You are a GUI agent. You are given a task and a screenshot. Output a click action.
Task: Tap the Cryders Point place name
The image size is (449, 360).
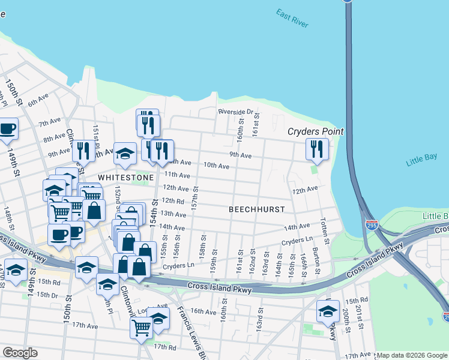[x=315, y=131]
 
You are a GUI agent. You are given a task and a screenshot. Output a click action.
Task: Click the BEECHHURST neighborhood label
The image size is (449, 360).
[x=256, y=209]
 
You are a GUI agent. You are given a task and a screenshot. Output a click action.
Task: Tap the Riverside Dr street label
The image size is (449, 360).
[x=236, y=112]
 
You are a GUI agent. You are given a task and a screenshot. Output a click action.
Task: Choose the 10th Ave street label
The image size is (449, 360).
[x=216, y=165]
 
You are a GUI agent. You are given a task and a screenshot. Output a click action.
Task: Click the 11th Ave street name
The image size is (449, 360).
[x=177, y=175]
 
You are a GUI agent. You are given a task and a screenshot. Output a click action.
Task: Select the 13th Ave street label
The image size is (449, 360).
[x=173, y=214]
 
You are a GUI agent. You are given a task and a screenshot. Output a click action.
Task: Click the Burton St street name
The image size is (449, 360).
[x=317, y=265]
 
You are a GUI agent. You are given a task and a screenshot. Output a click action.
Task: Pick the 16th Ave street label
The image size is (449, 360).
[x=203, y=311]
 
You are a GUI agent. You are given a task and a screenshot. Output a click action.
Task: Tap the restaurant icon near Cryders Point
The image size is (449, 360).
[x=316, y=149]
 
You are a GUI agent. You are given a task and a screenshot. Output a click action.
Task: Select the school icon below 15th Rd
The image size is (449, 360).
[x=328, y=311]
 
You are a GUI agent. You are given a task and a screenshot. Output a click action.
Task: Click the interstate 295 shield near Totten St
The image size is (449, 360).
[x=372, y=226]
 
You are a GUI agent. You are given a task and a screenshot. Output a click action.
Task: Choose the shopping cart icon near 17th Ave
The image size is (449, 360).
[x=140, y=328]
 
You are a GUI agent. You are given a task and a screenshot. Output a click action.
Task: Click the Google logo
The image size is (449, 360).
[x=20, y=353]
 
